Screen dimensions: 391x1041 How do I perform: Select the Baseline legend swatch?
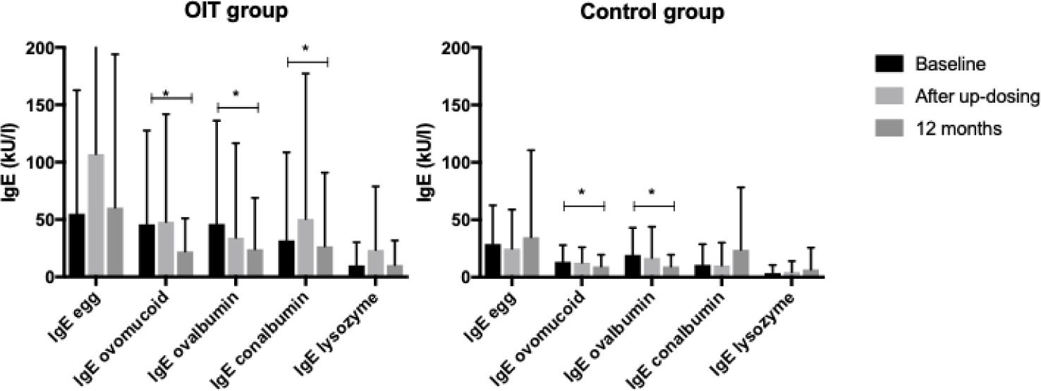tap(891, 64)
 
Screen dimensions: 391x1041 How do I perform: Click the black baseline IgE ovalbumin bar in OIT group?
tap(217, 251)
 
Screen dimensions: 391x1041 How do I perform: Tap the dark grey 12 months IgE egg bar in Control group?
tap(523, 257)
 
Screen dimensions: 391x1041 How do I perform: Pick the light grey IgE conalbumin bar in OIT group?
tap(306, 248)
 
